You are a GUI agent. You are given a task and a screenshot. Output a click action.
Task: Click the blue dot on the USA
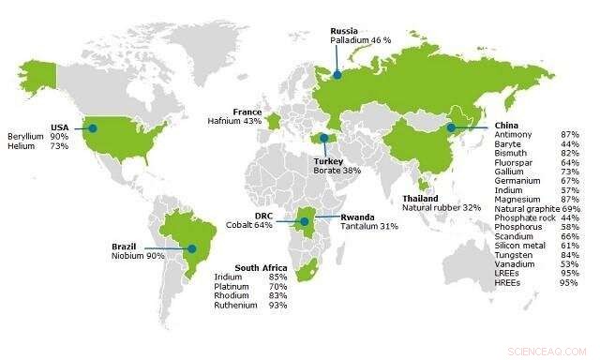pos(92,127)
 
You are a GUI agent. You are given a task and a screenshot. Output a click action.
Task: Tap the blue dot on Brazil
pos(192,248)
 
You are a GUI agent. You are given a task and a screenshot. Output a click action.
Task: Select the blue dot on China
pos(451,127)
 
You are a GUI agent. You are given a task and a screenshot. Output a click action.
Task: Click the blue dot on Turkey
pos(324,138)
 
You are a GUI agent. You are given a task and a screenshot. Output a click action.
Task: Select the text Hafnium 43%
pos(235,121)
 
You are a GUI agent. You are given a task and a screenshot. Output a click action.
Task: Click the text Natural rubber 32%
pos(441,208)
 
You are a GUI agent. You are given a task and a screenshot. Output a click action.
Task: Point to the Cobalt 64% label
pos(249,225)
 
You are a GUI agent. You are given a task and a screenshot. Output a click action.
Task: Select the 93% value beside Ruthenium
pos(277,306)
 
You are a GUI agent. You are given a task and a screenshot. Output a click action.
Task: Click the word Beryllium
pos(25,136)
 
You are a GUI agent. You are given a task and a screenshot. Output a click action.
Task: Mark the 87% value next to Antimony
pos(568,136)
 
